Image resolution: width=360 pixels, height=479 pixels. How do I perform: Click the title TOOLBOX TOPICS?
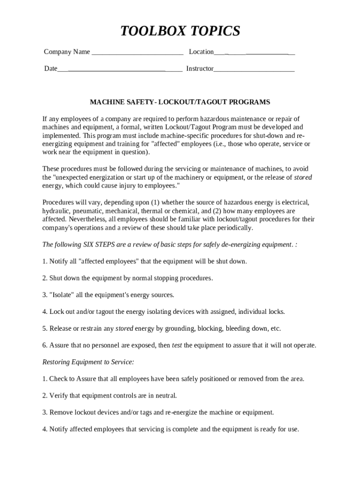(180, 31)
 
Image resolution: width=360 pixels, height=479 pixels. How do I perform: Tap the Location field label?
(201, 52)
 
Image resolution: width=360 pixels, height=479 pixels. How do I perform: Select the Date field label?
(50, 69)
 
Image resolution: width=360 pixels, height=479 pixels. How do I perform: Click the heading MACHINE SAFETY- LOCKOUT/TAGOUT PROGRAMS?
(180, 102)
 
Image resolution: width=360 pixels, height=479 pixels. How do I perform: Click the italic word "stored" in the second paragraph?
(303, 177)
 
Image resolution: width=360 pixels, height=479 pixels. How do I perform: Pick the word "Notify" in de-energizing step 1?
(58, 261)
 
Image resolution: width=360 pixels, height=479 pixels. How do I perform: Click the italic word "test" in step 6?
(177, 346)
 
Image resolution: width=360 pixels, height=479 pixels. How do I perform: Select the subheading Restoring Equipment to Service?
(88, 363)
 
